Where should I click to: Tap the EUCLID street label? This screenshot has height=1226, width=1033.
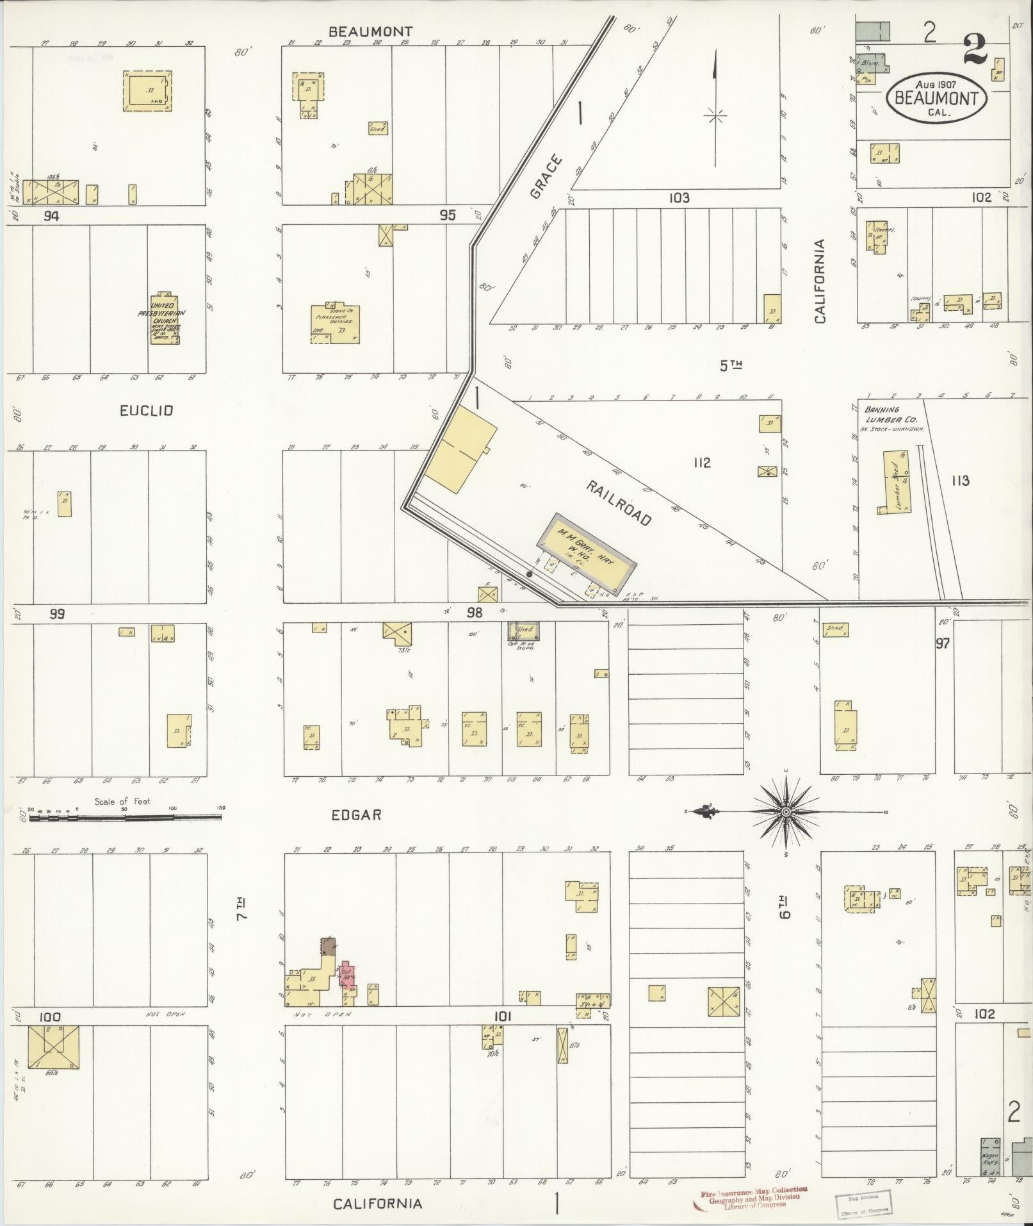tap(146, 411)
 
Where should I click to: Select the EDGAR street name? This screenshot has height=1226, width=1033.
tap(356, 815)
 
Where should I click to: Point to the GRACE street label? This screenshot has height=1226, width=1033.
tap(546, 176)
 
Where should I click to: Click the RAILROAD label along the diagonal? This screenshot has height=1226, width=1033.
tap(618, 502)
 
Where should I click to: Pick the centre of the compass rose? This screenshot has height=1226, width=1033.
tap(786, 811)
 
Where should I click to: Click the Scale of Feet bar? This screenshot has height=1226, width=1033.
tap(125, 818)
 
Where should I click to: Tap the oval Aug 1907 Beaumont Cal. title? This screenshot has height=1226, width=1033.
tap(936, 97)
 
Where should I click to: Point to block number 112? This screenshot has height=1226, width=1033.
tap(701, 462)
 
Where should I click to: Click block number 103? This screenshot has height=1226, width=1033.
tap(679, 197)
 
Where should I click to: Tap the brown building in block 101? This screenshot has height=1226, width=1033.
tap(328, 946)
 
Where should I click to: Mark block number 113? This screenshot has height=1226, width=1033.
tap(960, 480)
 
